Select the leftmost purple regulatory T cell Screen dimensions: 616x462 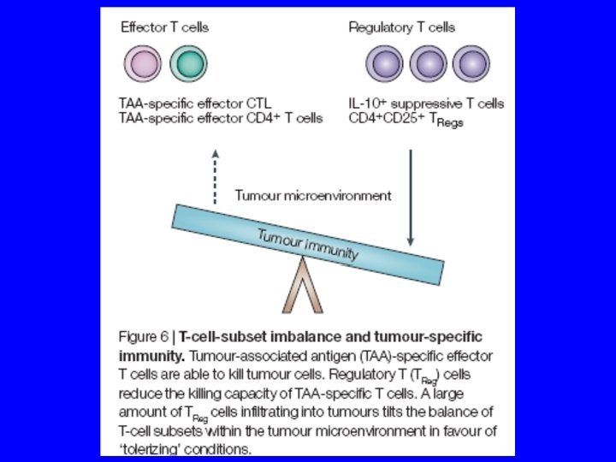point(382,64)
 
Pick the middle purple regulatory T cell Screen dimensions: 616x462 point(427,64)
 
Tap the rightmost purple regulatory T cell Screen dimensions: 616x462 point(471,64)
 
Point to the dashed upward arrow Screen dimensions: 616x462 point(216,175)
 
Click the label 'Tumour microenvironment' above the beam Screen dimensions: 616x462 point(313,195)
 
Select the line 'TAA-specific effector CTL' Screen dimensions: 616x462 point(194,104)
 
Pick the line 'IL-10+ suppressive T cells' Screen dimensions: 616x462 point(426,104)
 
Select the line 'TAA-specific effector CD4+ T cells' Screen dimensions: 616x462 point(220,118)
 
